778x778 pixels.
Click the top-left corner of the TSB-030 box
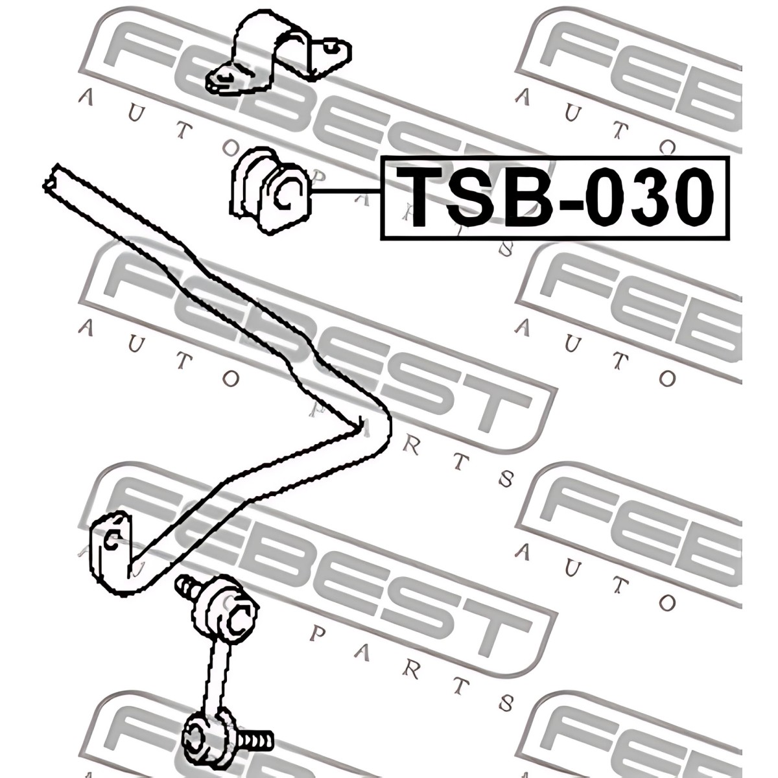(381, 158)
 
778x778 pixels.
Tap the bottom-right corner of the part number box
(729, 239)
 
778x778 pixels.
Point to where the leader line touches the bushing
(311, 191)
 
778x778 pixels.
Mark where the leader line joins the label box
(381, 191)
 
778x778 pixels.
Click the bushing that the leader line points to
(270, 191)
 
